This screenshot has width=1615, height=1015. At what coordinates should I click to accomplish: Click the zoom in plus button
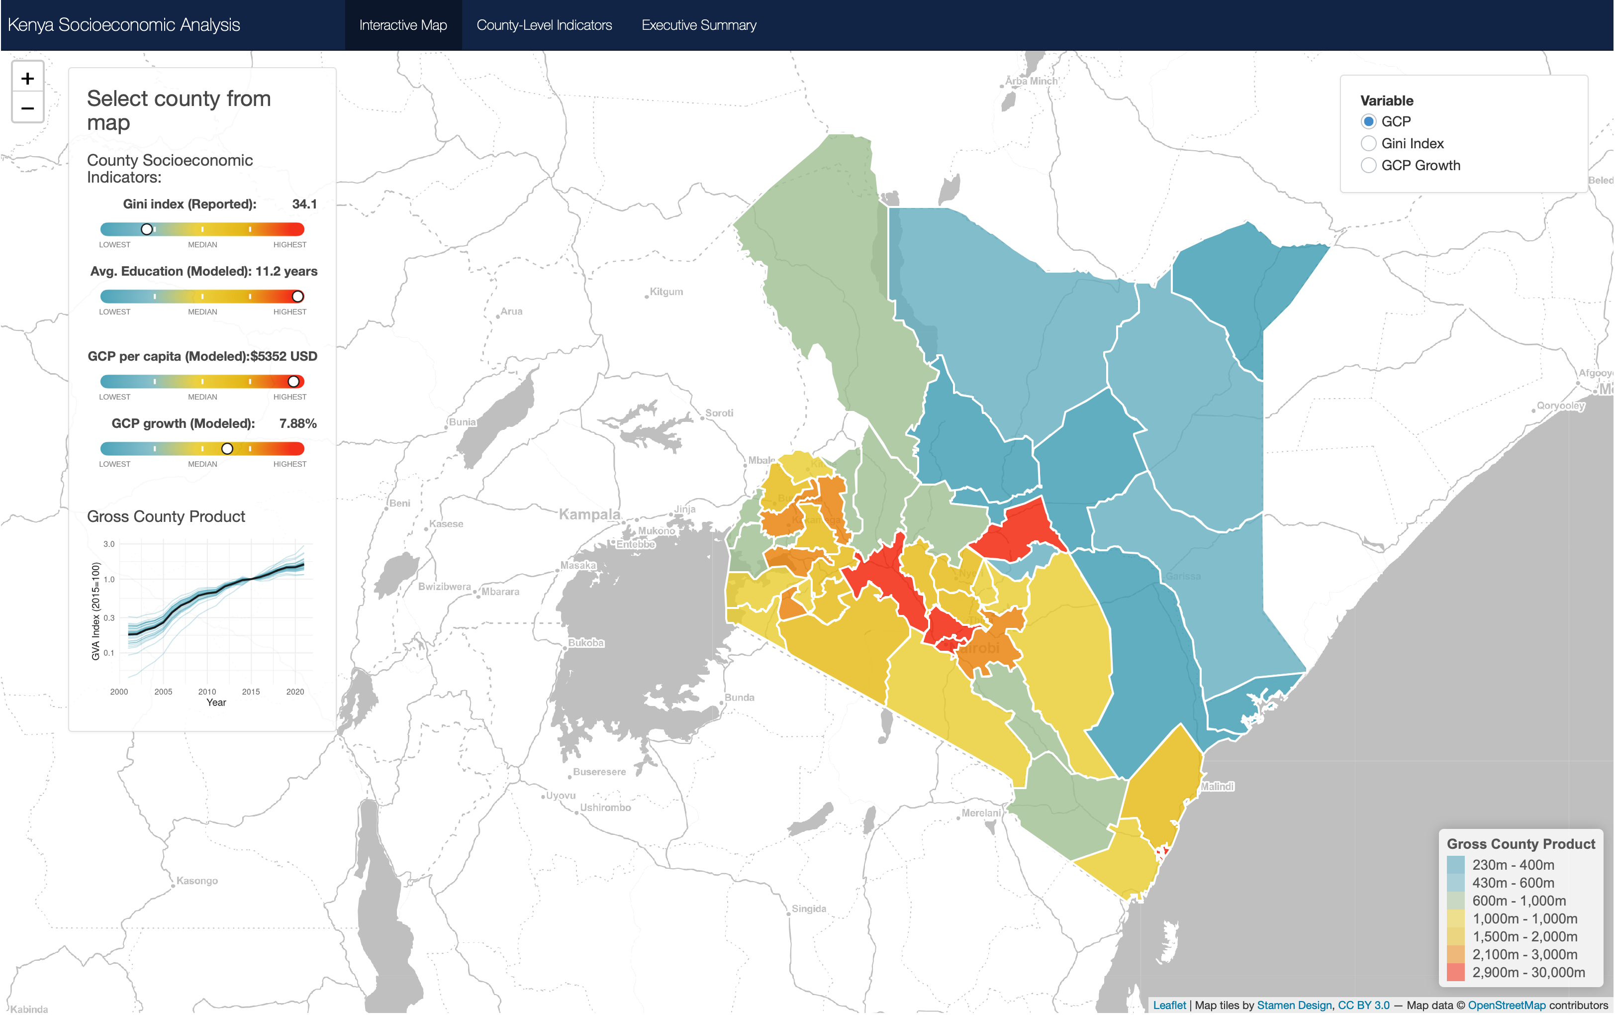tap(27, 79)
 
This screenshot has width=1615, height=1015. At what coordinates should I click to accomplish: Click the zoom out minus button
tap(27, 108)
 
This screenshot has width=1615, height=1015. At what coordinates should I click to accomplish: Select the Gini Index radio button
tap(1368, 144)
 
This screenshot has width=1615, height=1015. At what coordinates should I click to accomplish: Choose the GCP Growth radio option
tap(1368, 165)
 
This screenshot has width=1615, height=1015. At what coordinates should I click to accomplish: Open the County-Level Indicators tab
tap(544, 25)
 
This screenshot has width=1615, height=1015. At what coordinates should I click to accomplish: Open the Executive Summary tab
tap(698, 25)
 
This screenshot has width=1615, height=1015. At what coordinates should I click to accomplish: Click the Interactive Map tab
tap(403, 25)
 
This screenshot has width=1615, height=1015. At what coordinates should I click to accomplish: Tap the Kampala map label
tap(589, 514)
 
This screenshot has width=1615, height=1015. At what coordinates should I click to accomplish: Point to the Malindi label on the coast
tap(1217, 786)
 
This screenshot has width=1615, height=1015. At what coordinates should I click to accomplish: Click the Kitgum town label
tap(666, 292)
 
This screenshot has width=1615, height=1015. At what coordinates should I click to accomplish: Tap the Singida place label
tap(808, 909)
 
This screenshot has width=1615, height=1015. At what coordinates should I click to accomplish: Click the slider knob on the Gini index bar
tap(147, 229)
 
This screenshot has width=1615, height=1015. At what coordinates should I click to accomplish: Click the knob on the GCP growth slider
tap(227, 449)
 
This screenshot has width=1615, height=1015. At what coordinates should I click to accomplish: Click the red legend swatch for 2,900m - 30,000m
tap(1455, 972)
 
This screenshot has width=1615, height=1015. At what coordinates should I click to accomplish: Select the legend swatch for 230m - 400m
tap(1455, 865)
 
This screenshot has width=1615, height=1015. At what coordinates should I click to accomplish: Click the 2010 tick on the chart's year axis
tap(207, 692)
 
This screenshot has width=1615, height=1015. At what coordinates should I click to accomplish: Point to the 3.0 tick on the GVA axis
tap(108, 544)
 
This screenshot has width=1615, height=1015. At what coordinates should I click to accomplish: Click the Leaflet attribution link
tap(1169, 1005)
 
